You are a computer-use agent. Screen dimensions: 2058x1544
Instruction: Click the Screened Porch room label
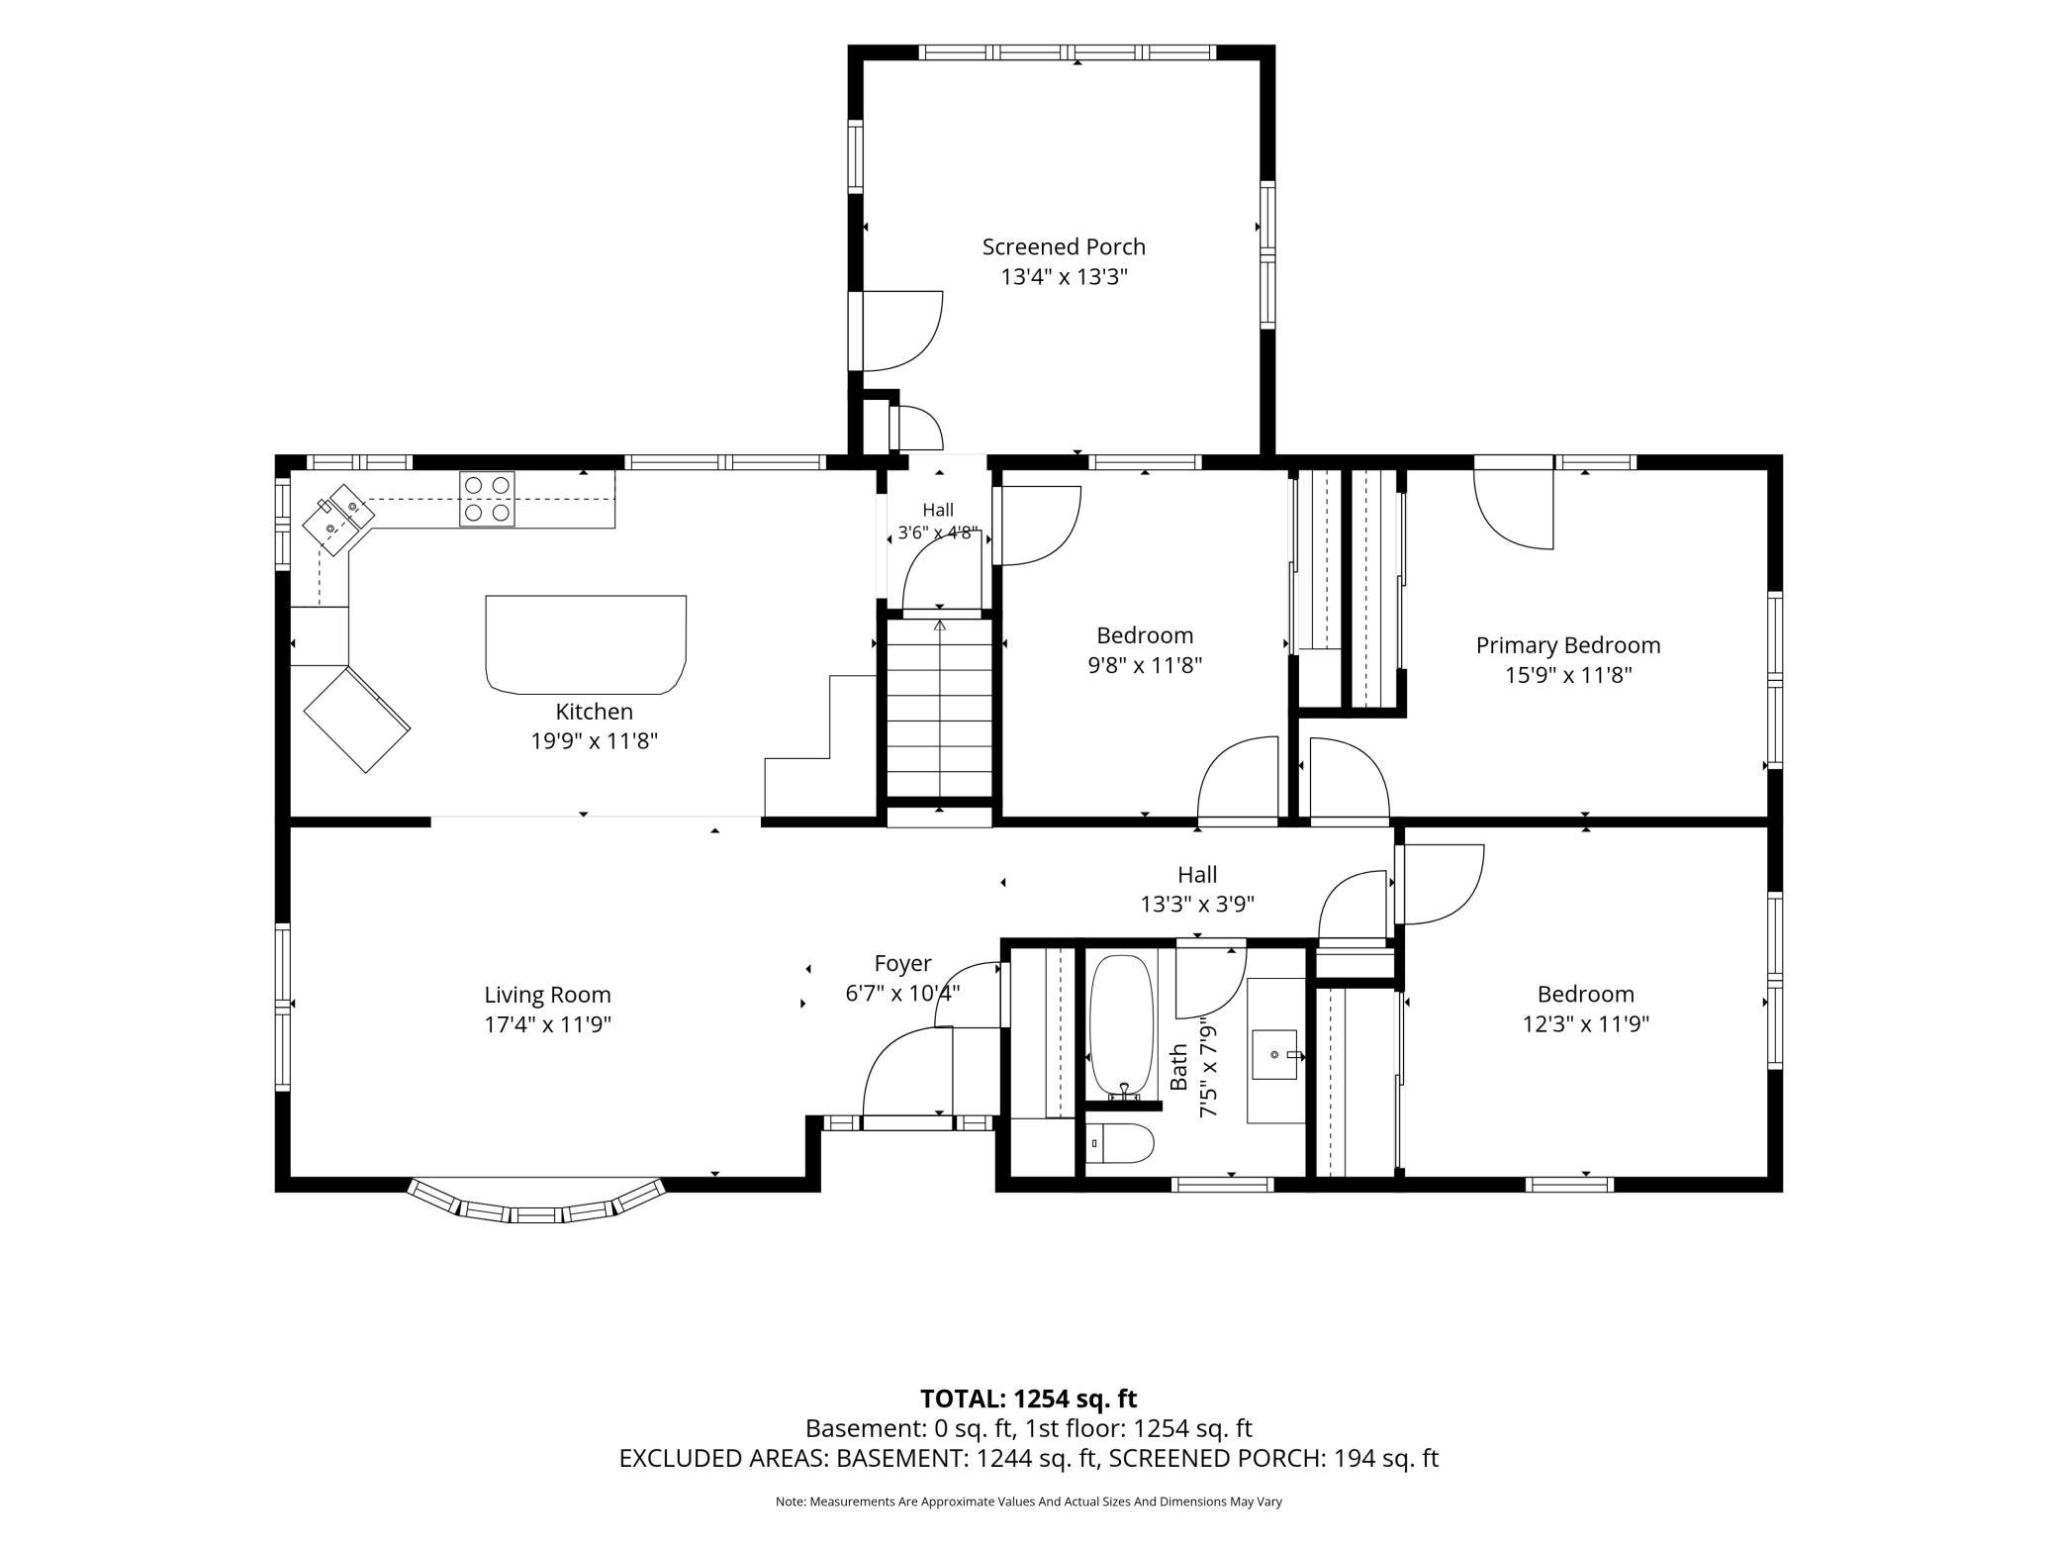[1064, 246]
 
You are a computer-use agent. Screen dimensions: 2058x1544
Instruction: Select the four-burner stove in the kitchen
[487, 499]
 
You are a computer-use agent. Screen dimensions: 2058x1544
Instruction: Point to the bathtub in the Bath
[1122, 1025]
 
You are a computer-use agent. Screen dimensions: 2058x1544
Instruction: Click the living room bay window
[536, 1205]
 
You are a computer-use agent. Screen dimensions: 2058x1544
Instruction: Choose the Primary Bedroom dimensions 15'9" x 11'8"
[1568, 675]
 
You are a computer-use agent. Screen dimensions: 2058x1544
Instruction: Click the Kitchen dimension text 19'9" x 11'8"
[594, 740]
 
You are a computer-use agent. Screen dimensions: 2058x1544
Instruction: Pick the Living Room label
[547, 995]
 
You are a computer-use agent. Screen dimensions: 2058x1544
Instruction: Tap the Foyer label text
[902, 963]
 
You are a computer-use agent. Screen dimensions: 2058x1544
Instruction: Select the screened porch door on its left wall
[895, 331]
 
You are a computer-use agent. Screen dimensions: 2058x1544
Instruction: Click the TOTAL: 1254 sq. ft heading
[1029, 1399]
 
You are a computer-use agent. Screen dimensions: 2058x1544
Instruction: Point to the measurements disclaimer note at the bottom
[1029, 1502]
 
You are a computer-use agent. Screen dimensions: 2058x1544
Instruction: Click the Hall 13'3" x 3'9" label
[1197, 889]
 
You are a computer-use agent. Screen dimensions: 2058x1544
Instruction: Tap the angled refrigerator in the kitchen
[357, 719]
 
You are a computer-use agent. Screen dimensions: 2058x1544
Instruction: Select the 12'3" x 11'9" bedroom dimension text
[1585, 1024]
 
